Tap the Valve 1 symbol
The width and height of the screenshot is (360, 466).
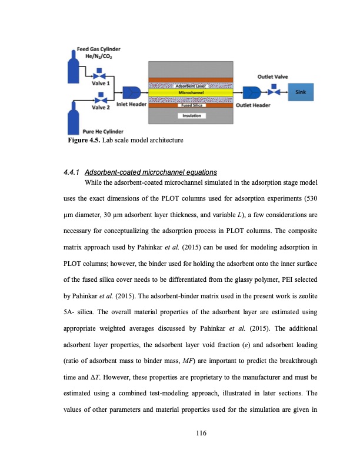coord(102,76)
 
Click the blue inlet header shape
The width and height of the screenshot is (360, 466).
coord(130,92)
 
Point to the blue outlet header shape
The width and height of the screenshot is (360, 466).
coord(252,92)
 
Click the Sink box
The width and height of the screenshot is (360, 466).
coord(301,92)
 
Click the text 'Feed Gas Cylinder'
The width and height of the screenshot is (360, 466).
coord(97,49)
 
